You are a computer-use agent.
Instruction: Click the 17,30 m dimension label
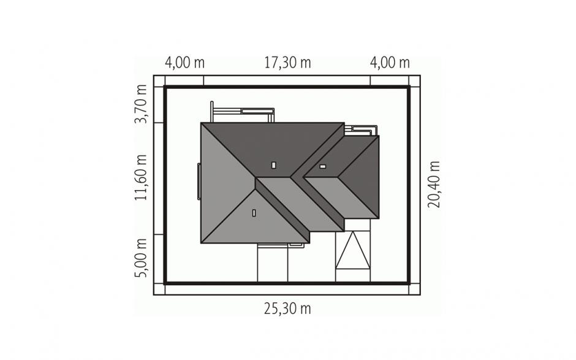pos(287,63)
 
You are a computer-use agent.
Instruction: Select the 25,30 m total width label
pos(287,308)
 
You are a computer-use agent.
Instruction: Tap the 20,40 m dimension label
pos(434,184)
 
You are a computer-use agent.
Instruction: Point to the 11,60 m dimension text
pos(141,178)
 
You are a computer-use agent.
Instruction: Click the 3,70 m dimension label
pos(141,104)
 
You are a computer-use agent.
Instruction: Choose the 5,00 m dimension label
pos(141,258)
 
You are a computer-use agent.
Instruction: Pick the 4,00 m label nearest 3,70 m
pos(184,63)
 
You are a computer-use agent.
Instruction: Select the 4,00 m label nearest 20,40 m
pos(390,63)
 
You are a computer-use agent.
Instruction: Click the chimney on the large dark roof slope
pos(274,165)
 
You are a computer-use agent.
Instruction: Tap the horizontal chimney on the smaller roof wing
pos(322,167)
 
